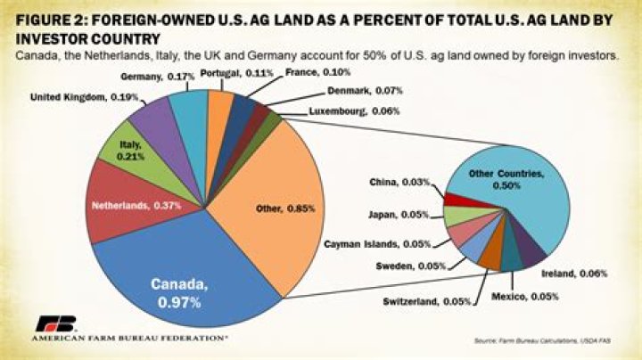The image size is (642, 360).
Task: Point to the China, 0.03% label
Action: [399, 183]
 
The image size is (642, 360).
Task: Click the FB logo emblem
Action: [55, 324]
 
